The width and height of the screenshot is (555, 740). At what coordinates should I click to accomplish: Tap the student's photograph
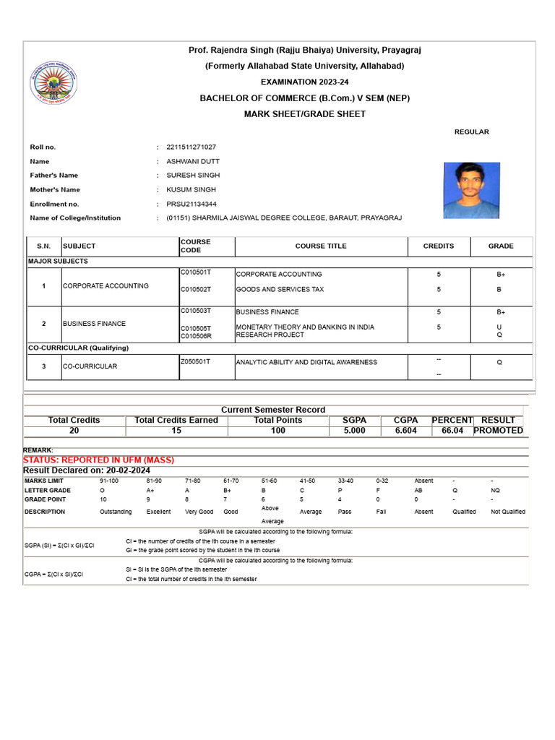[x=471, y=190]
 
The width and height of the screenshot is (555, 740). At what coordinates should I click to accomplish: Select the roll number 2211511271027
[x=191, y=147]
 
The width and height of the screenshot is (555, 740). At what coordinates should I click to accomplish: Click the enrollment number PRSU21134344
[x=192, y=204]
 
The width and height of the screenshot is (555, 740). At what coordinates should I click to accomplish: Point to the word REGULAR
[x=471, y=132]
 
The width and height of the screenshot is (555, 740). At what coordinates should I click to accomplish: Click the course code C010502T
[x=195, y=289]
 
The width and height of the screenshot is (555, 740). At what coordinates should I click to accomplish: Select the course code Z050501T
[x=195, y=361]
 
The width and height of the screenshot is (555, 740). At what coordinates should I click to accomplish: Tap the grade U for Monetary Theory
[x=500, y=327]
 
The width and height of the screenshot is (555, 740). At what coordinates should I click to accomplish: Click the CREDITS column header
[x=439, y=246]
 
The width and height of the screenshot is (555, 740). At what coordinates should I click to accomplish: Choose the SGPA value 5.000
[x=354, y=431]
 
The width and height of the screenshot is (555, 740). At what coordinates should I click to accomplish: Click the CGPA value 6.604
[x=405, y=431]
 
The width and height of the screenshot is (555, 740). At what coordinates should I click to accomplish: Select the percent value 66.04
[x=452, y=431]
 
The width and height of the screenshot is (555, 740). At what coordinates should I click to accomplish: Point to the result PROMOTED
[x=498, y=431]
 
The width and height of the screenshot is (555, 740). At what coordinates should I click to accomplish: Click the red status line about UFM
[x=99, y=460]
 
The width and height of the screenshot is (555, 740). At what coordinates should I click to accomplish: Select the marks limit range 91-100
[x=111, y=480]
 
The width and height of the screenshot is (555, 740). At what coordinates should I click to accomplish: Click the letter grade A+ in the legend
[x=150, y=490]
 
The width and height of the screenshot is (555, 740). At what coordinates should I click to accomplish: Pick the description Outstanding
[x=116, y=512]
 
